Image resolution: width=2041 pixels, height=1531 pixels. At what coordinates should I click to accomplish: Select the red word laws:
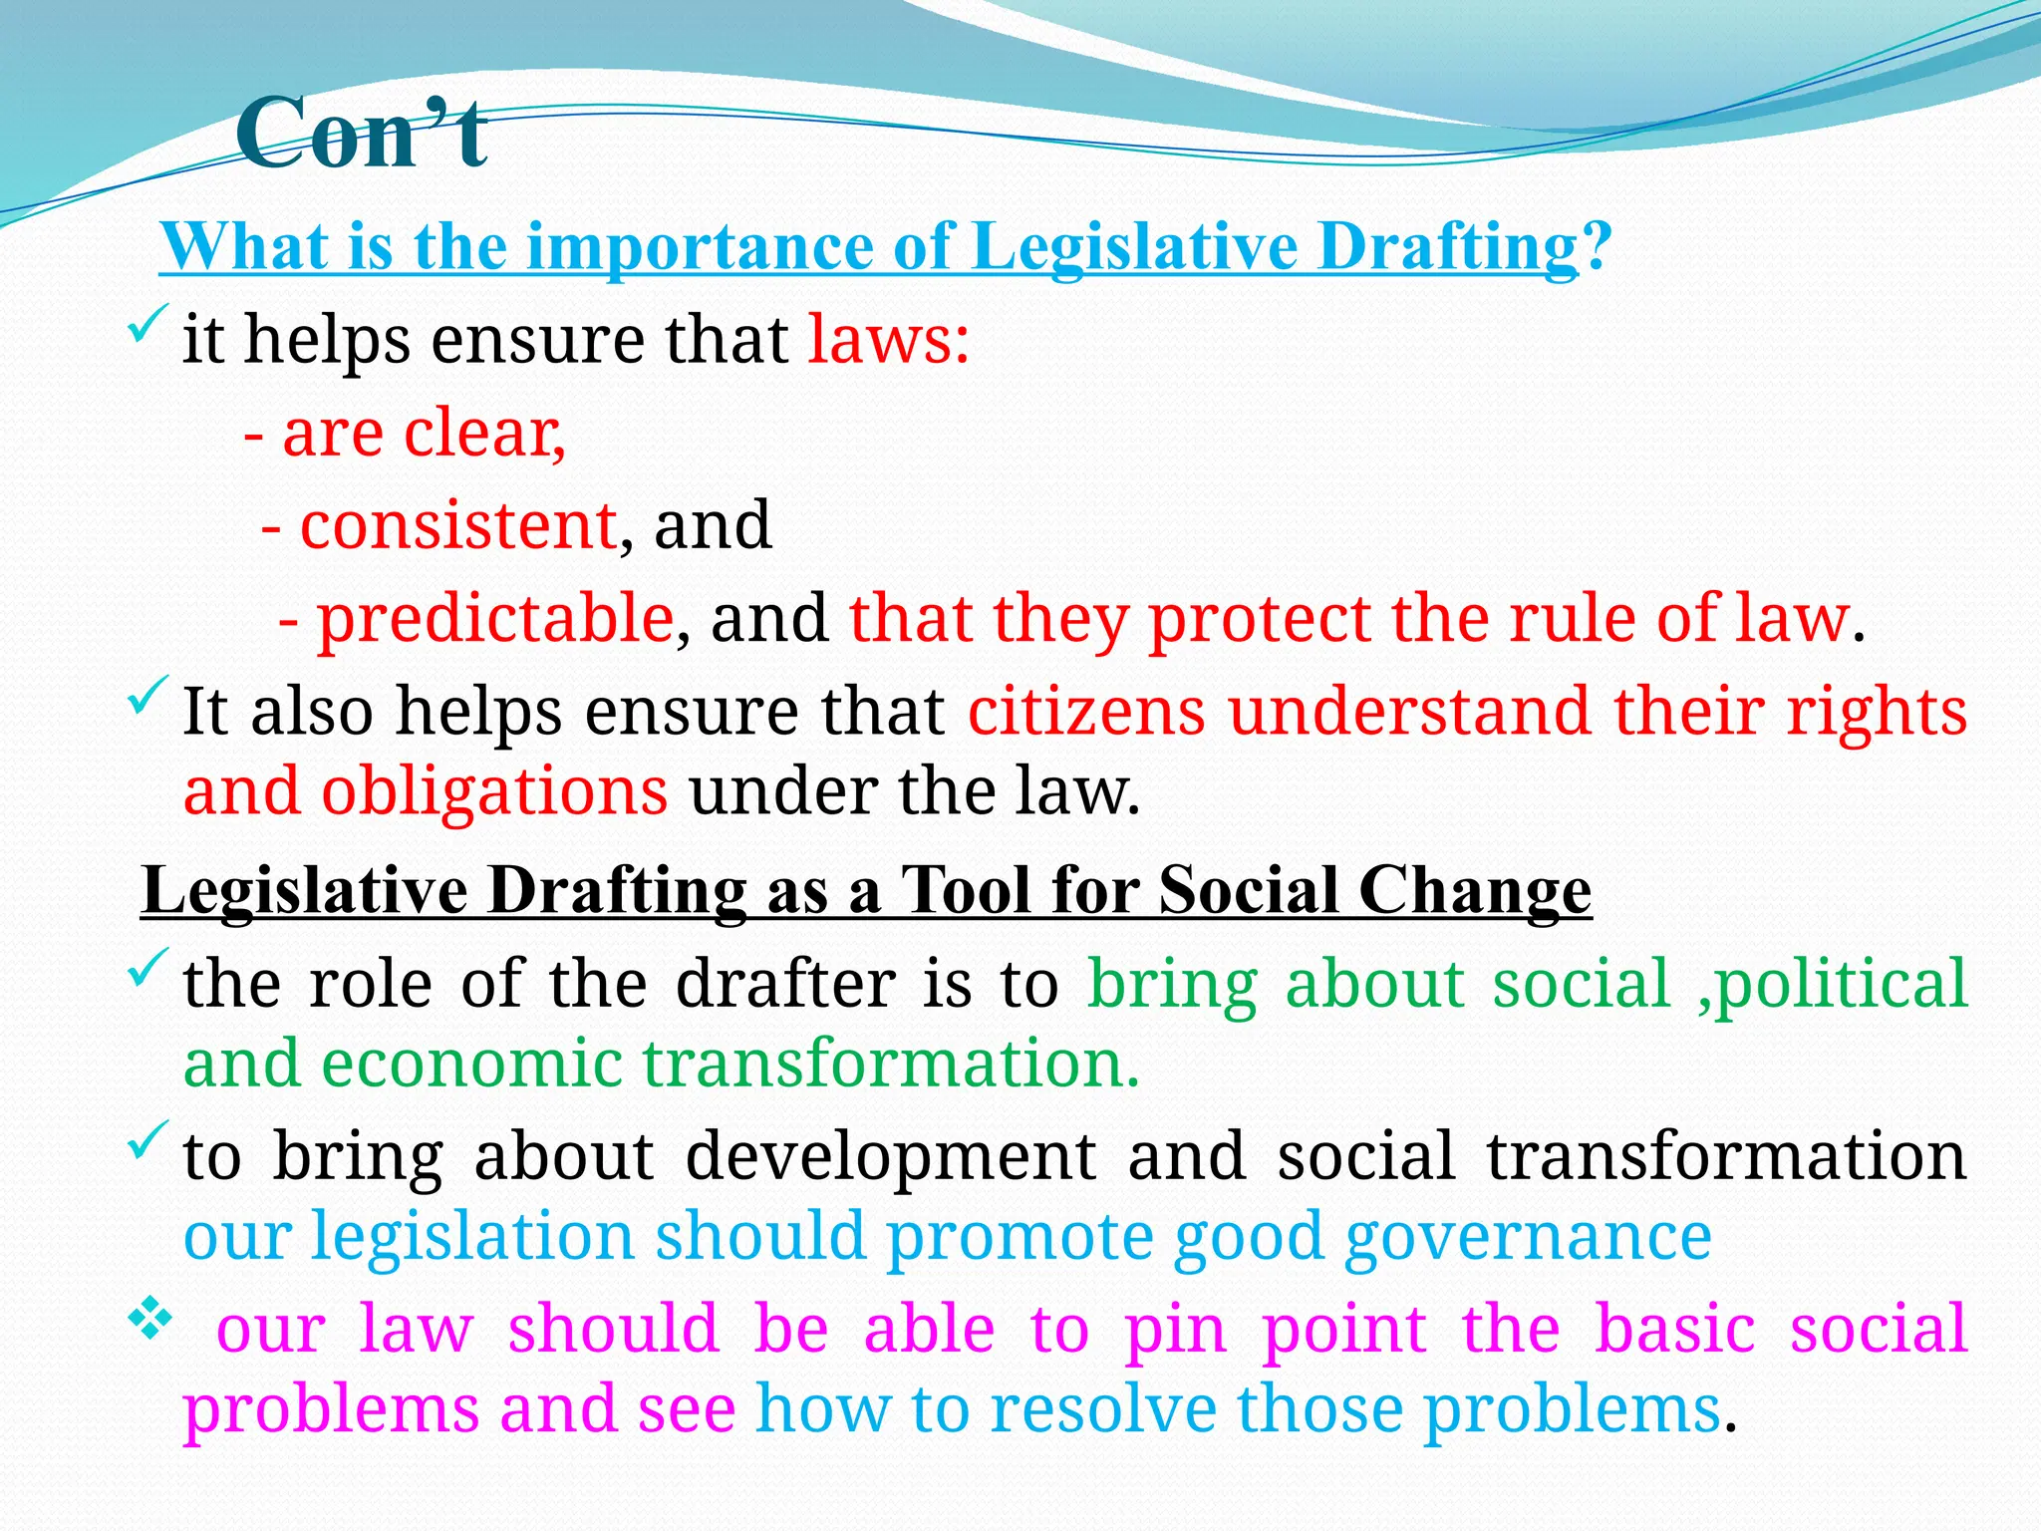[888, 340]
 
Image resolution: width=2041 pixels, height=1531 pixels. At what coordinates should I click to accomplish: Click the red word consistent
[458, 526]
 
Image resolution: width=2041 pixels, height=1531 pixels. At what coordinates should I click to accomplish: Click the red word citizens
[1086, 713]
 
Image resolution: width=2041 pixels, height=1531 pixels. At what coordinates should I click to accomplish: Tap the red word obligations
[494, 792]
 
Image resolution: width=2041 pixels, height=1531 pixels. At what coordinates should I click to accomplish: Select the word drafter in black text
[786, 985]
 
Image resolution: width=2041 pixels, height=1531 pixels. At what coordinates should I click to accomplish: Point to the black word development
[891, 1157]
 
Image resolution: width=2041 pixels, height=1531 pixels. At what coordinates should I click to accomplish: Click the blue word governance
[1528, 1237]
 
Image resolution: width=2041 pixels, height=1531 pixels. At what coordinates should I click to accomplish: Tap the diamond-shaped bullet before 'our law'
[149, 1323]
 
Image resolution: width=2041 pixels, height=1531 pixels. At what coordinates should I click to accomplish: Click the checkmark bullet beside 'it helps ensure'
[146, 326]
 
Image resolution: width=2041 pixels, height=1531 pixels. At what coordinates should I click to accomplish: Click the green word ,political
[1832, 985]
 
